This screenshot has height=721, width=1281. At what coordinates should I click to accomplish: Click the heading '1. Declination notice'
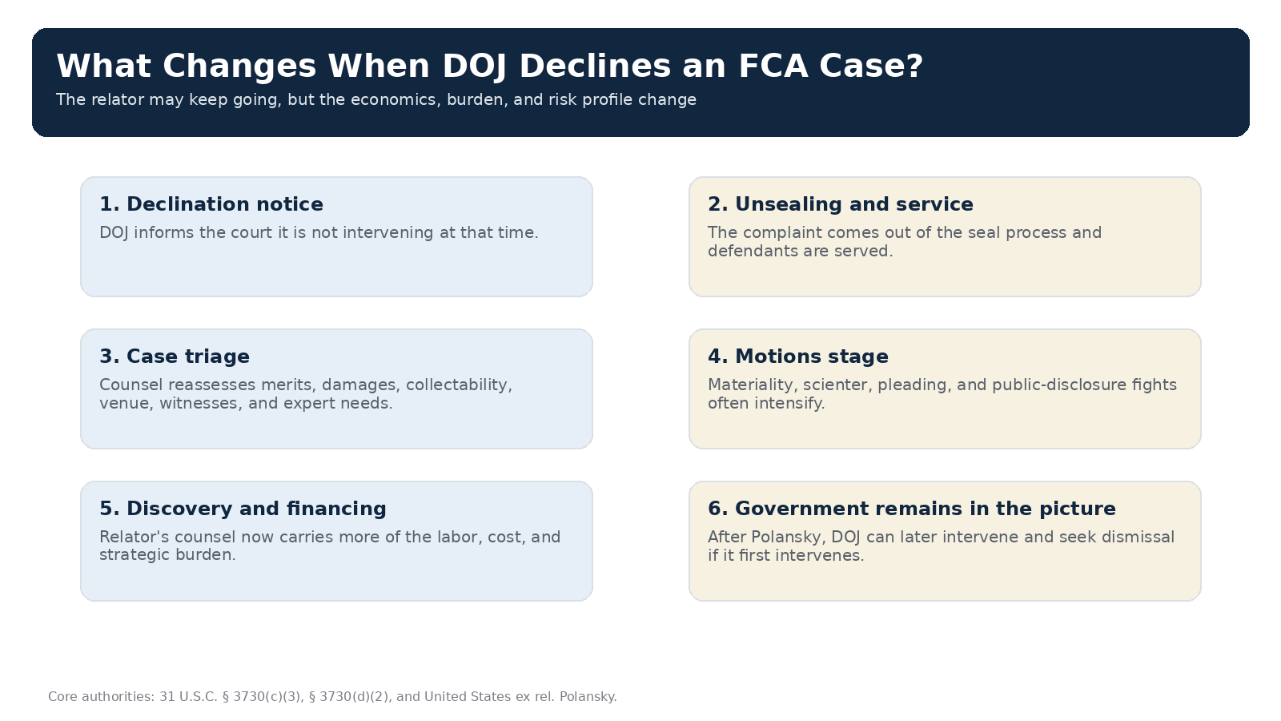point(211,204)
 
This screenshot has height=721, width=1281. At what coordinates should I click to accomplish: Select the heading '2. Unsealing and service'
point(841,204)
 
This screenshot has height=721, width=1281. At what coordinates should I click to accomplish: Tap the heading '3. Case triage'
point(175,356)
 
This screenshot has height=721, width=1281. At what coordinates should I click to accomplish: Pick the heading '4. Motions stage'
point(798,356)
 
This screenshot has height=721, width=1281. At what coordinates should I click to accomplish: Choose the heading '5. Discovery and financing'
point(243,509)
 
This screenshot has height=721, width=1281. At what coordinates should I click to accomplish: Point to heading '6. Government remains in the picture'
point(912,509)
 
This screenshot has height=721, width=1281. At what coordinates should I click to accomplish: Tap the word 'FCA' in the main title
point(773,66)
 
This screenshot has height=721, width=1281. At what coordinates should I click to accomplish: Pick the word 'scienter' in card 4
point(837,385)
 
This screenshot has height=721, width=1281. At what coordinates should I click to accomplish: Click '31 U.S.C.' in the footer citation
point(188,697)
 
